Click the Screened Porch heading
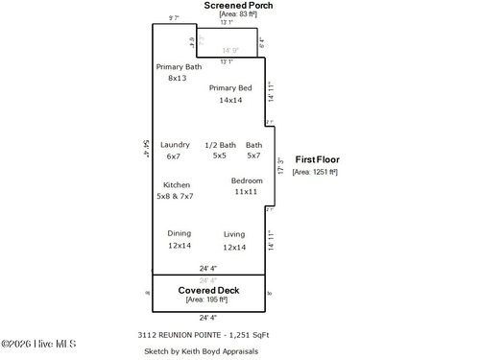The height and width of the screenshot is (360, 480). click(238, 6)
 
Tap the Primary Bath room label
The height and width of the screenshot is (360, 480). click(179, 66)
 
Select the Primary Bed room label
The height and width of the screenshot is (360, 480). click(230, 88)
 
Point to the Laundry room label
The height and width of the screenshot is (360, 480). click(175, 145)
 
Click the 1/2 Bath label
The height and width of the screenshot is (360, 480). click(220, 145)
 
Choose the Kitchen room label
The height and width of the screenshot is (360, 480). click(176, 184)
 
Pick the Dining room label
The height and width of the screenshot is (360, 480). click(180, 233)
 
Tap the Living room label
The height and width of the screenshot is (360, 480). click(234, 234)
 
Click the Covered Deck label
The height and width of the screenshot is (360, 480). click(208, 290)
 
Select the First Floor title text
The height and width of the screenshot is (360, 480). click(317, 160)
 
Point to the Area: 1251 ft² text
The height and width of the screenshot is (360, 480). click(315, 172)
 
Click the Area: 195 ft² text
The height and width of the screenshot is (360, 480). click(208, 300)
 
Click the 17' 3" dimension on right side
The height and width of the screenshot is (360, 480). click(279, 166)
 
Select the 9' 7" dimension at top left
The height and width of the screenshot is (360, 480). click(175, 18)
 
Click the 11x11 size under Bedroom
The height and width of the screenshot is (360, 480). click(246, 191)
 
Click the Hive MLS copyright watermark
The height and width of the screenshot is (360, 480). click(38, 345)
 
